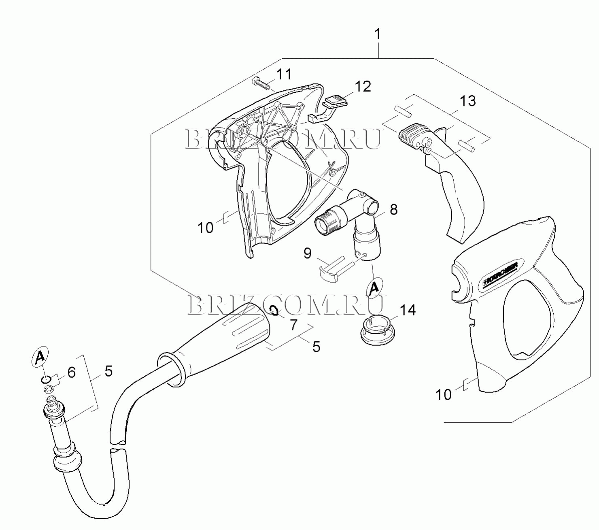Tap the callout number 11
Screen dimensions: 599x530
tap(284, 74)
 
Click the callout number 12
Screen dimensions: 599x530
tap(362, 87)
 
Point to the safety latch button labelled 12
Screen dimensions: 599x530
tap(328, 109)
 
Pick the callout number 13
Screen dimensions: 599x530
tap(467, 101)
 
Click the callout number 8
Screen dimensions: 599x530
tap(394, 210)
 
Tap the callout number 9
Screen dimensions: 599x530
tap(308, 253)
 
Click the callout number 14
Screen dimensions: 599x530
tap(408, 310)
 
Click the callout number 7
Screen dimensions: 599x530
tap(293, 325)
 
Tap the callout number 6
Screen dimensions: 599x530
tap(72, 372)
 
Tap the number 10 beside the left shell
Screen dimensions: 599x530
tap(205, 228)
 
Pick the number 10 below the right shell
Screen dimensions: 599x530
tap(444, 395)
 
